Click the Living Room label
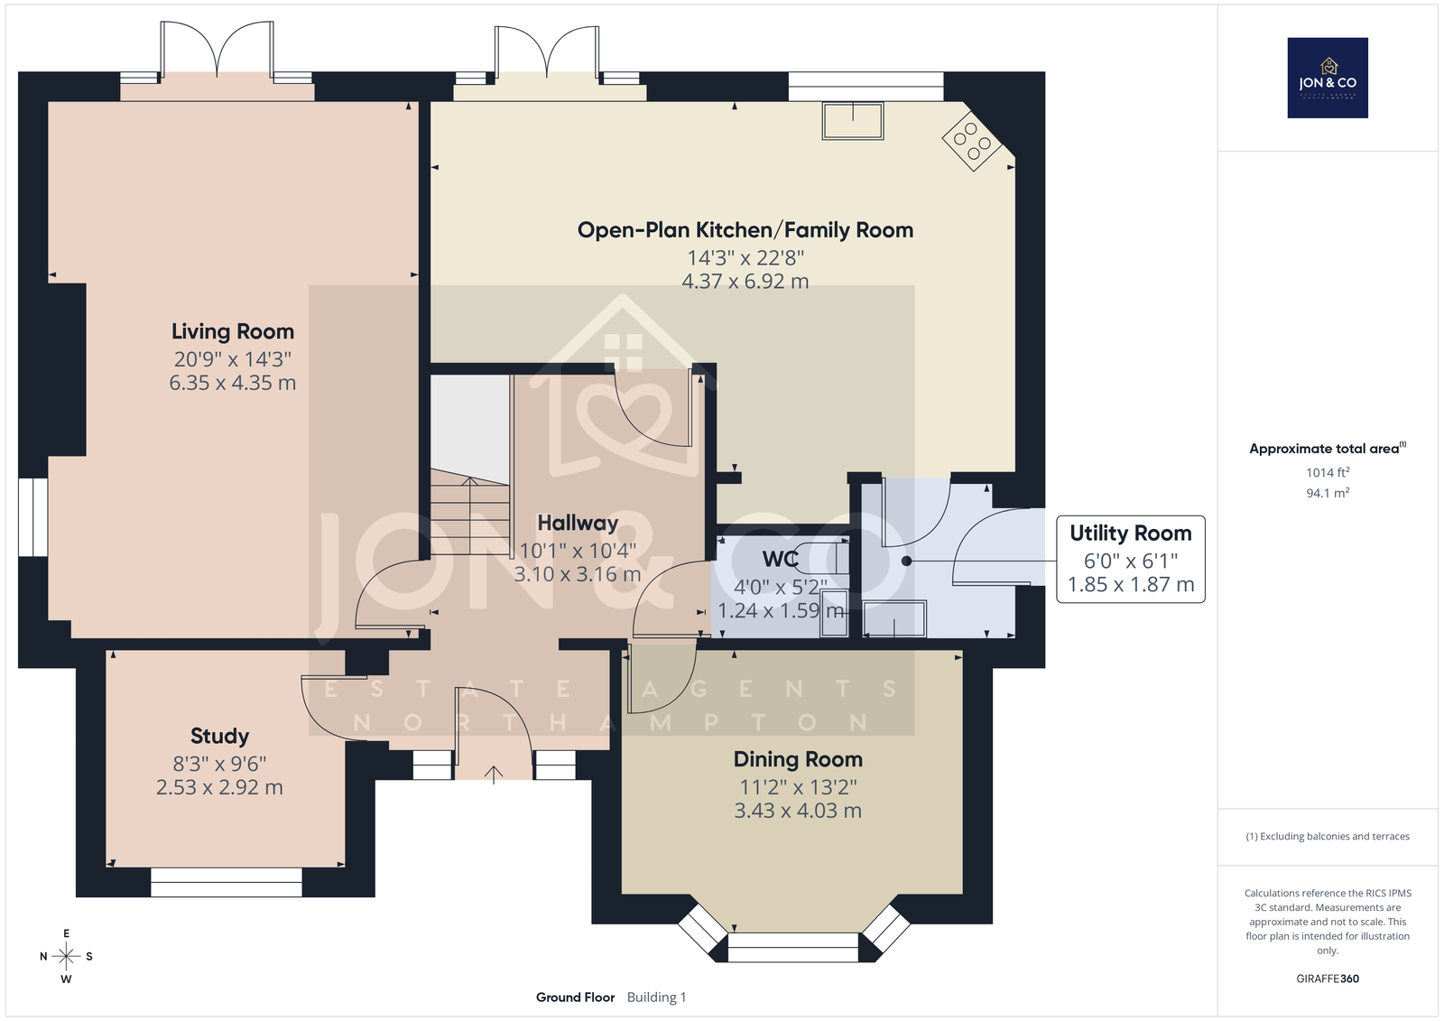pyautogui.click(x=233, y=331)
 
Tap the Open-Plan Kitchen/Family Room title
pyautogui.click(x=745, y=230)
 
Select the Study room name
pyautogui.click(x=220, y=736)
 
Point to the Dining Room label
pyautogui.click(x=798, y=759)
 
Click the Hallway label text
pyautogui.click(x=578, y=523)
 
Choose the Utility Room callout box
pyautogui.click(x=1131, y=559)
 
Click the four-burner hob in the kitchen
pyautogui.click(x=971, y=141)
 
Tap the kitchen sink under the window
pyautogui.click(x=853, y=121)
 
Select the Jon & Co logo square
pyautogui.click(x=1328, y=78)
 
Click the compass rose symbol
pyautogui.click(x=67, y=956)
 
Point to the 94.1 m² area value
pyautogui.click(x=1328, y=494)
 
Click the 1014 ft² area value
pyautogui.click(x=1328, y=473)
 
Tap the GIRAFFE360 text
pyautogui.click(x=1328, y=979)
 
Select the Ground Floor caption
pyautogui.click(x=575, y=998)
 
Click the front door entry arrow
pyautogui.click(x=494, y=775)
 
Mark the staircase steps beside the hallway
pyautogui.click(x=470, y=512)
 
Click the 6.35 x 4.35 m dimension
pyautogui.click(x=233, y=383)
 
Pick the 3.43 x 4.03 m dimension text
pyautogui.click(x=798, y=811)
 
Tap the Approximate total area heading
pyautogui.click(x=1328, y=449)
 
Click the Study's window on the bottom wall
pyautogui.click(x=227, y=882)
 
